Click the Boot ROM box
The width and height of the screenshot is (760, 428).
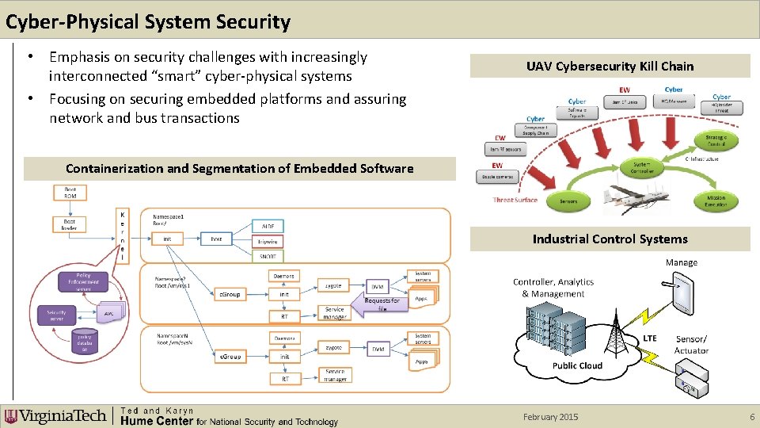click(x=70, y=192)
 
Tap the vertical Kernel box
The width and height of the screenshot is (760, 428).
click(x=122, y=235)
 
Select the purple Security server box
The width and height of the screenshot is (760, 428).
click(x=56, y=314)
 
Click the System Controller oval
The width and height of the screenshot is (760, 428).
click(x=642, y=168)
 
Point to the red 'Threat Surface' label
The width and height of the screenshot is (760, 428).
click(x=515, y=200)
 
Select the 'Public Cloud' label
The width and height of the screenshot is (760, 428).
click(x=577, y=365)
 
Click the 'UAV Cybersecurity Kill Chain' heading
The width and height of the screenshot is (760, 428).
click(x=610, y=66)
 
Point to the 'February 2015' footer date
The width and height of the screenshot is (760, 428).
click(x=550, y=417)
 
